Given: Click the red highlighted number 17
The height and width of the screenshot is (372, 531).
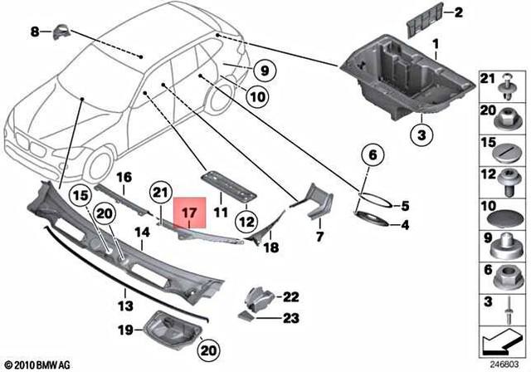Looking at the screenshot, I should click(x=188, y=215).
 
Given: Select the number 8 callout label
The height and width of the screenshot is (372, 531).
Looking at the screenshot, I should click(x=35, y=32).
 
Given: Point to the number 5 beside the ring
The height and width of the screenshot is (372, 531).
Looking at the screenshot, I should click(x=406, y=206).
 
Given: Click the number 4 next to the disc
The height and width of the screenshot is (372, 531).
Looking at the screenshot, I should click(x=405, y=225).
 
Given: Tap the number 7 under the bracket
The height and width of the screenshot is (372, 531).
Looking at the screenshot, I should click(x=318, y=237).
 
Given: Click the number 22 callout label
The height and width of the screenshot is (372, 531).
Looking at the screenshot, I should click(x=290, y=296).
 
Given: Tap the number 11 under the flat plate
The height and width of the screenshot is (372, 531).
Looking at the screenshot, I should click(x=221, y=213).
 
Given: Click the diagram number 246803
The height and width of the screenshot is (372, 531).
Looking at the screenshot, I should click(x=503, y=363).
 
